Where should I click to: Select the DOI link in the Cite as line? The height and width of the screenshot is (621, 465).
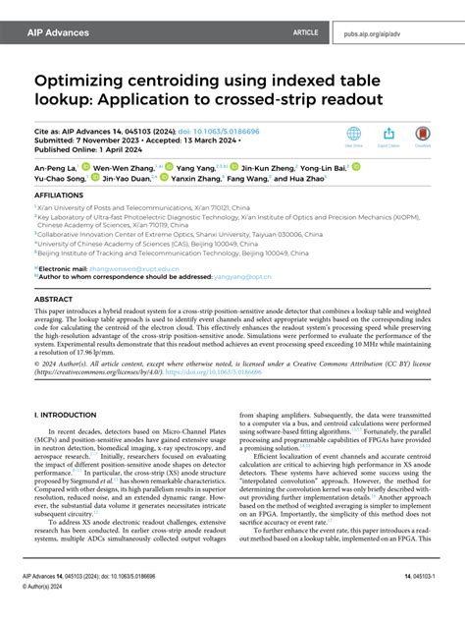(x=193, y=129)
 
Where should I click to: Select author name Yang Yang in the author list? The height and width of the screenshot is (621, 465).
(x=195, y=167)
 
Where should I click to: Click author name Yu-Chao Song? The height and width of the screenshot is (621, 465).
(x=62, y=178)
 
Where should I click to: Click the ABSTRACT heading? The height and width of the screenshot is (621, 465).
(x=55, y=299)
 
